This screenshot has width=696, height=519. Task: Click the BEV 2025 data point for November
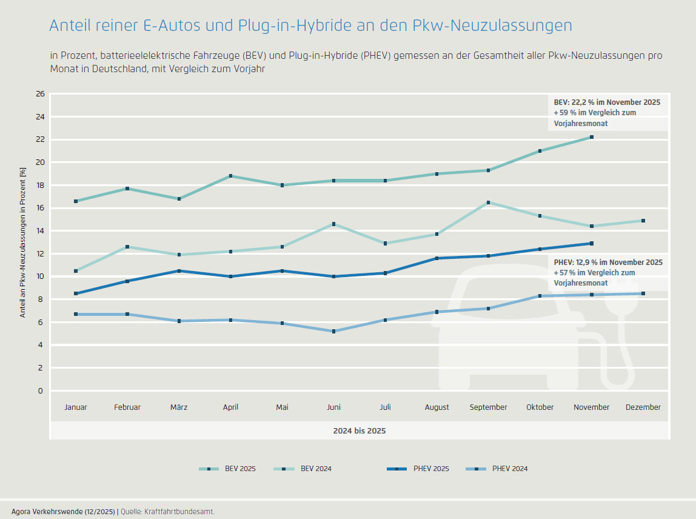[x=592, y=137]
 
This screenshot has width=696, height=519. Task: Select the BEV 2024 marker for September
[x=489, y=203]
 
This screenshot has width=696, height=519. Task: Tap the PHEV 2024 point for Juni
[x=334, y=331]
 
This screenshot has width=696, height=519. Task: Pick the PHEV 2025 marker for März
[x=179, y=271]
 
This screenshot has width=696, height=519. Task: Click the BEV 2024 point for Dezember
[x=643, y=221]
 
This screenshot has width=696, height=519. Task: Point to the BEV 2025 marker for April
[x=230, y=176]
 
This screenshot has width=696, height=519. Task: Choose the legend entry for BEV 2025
[x=227, y=469]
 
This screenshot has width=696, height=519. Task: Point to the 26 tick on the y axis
[x=41, y=94]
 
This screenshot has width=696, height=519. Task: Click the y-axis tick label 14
[x=41, y=231]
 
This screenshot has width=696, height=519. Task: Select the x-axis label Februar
[x=127, y=407]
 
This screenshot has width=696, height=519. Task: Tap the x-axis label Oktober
[x=540, y=407]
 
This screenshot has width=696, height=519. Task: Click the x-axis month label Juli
[x=386, y=407]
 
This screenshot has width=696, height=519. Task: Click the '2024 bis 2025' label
[x=360, y=430]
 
